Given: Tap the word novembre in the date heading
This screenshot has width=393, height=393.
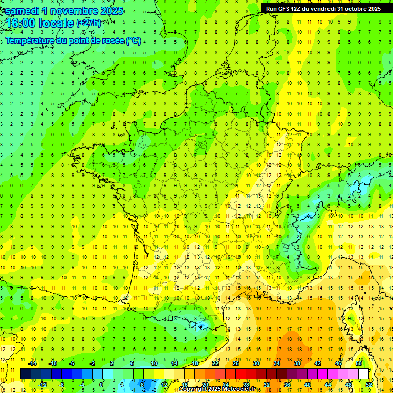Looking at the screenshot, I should [77, 11].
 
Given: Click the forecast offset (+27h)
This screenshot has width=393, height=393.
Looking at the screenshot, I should [89, 23].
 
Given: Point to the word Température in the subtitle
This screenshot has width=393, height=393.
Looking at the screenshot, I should [30, 40].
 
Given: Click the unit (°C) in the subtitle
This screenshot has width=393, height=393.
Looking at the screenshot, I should [133, 40].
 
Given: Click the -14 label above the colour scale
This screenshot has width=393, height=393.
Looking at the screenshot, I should [32, 363].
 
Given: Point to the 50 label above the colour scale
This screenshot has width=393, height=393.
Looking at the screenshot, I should [358, 363].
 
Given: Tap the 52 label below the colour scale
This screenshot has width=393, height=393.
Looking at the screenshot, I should [368, 384].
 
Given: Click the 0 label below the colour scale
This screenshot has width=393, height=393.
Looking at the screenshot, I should [101, 384].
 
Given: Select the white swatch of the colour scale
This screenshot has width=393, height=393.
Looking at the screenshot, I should [363, 374].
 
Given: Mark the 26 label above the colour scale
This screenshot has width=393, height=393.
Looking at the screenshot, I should [235, 363].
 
